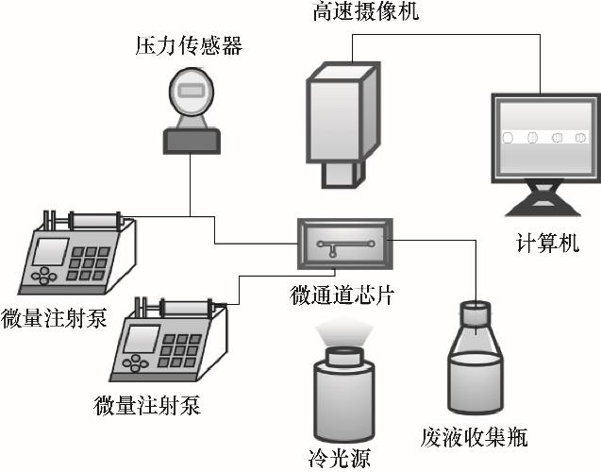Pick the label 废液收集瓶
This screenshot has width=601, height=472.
click(474, 438)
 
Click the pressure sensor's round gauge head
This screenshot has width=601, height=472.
click(190, 94)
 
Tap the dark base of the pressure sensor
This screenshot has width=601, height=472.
click(192, 141)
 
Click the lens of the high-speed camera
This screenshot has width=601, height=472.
click(340, 172)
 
